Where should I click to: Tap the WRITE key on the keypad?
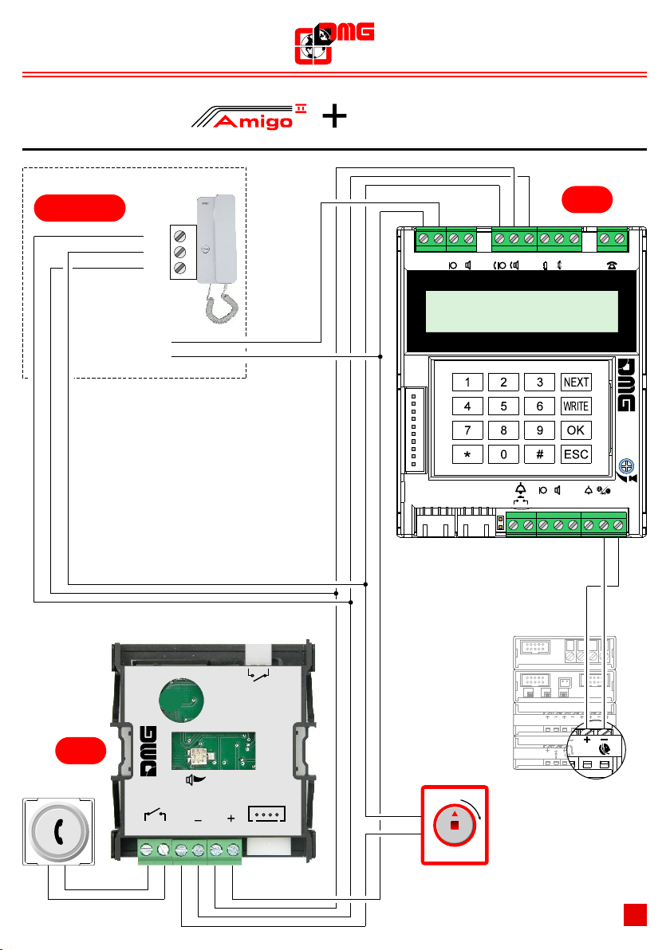pyautogui.click(x=576, y=406)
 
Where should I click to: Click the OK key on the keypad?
pyautogui.click(x=576, y=430)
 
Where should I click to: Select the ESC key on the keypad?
pyautogui.click(x=576, y=455)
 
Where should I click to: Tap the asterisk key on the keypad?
pyautogui.click(x=467, y=455)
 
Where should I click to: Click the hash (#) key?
pyautogui.click(x=540, y=455)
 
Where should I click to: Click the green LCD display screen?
pyautogui.click(x=522, y=312)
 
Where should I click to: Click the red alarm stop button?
pyautogui.click(x=454, y=826)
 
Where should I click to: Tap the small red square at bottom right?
pyautogui.click(x=635, y=914)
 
